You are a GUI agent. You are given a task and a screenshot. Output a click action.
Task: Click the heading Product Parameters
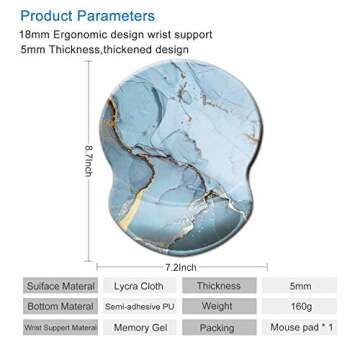(x=85, y=16)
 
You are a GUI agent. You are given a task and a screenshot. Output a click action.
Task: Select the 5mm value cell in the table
(x=299, y=285)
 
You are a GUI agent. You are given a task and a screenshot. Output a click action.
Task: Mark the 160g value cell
(x=299, y=306)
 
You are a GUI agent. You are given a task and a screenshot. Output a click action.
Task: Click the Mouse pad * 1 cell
(x=299, y=327)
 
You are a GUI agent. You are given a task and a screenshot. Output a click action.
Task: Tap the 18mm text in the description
(x=32, y=35)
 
